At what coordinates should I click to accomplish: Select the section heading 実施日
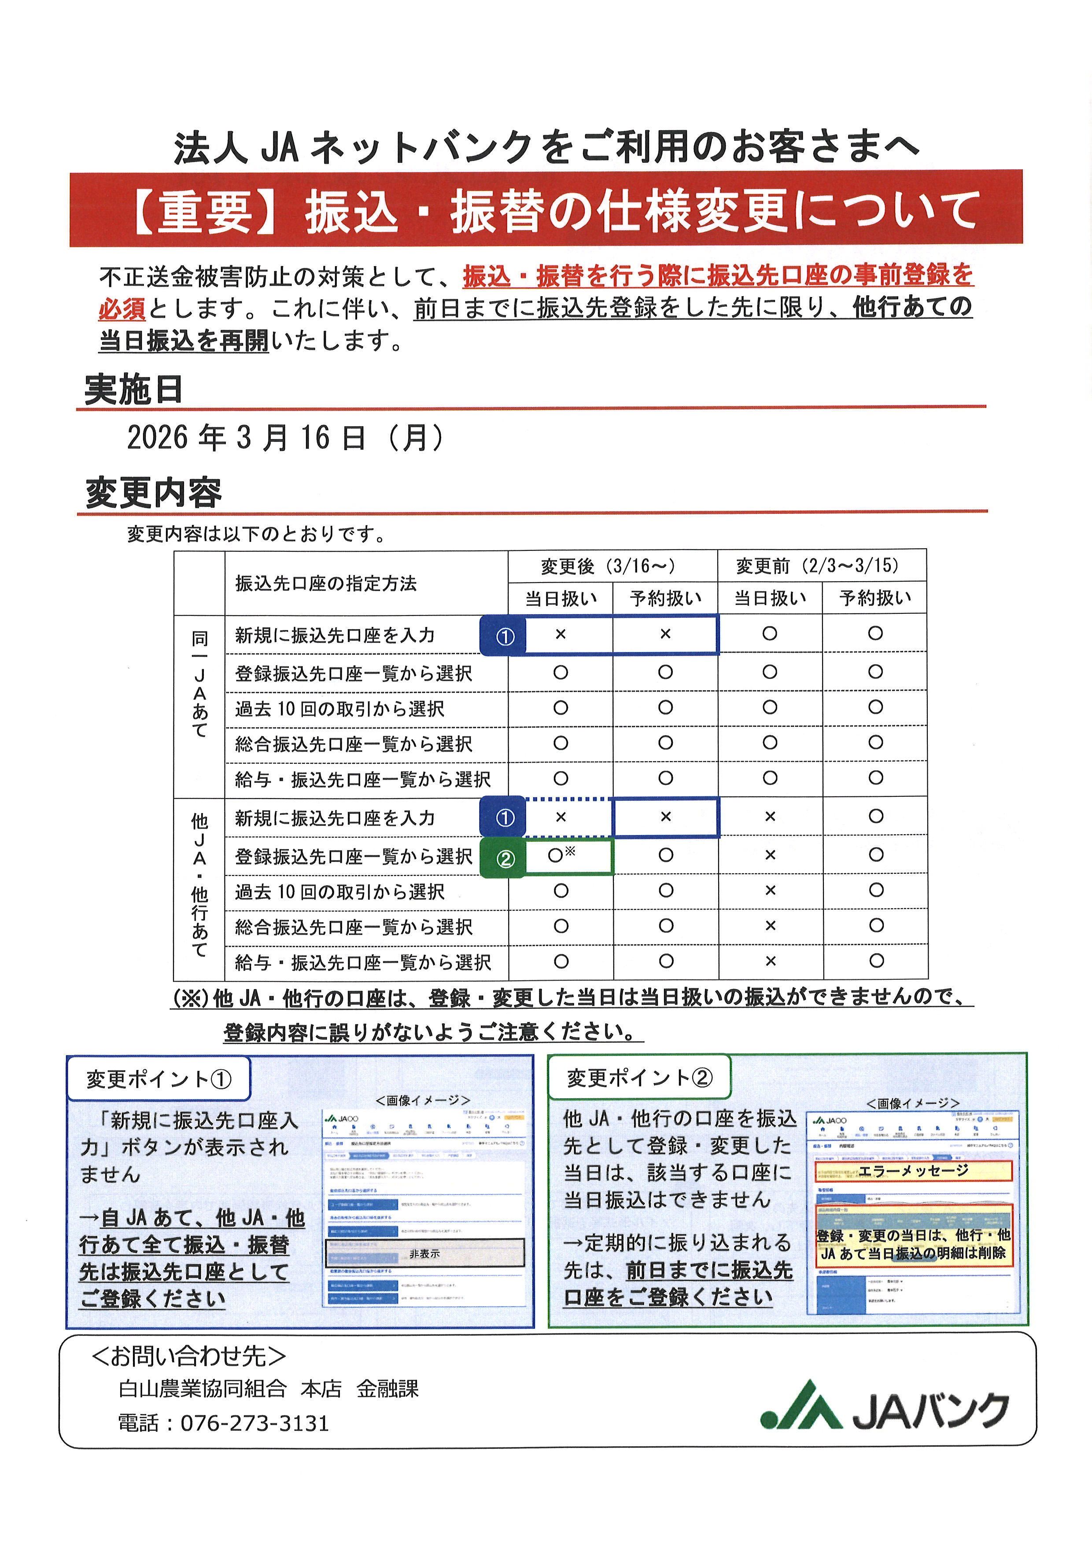click(134, 390)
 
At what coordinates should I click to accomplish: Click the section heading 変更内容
click(153, 493)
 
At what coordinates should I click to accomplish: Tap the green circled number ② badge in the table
click(504, 859)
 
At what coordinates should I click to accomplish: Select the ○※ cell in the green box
click(561, 855)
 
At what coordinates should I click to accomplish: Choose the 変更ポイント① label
click(159, 1079)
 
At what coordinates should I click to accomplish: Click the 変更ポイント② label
click(639, 1078)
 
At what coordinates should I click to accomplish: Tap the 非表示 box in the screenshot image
click(424, 1253)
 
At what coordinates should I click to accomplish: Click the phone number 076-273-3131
click(255, 1423)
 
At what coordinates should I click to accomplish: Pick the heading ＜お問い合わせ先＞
click(189, 1356)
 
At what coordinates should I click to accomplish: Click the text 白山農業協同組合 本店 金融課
click(268, 1389)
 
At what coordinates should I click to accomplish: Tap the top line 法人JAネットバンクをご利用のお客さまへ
click(546, 147)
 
